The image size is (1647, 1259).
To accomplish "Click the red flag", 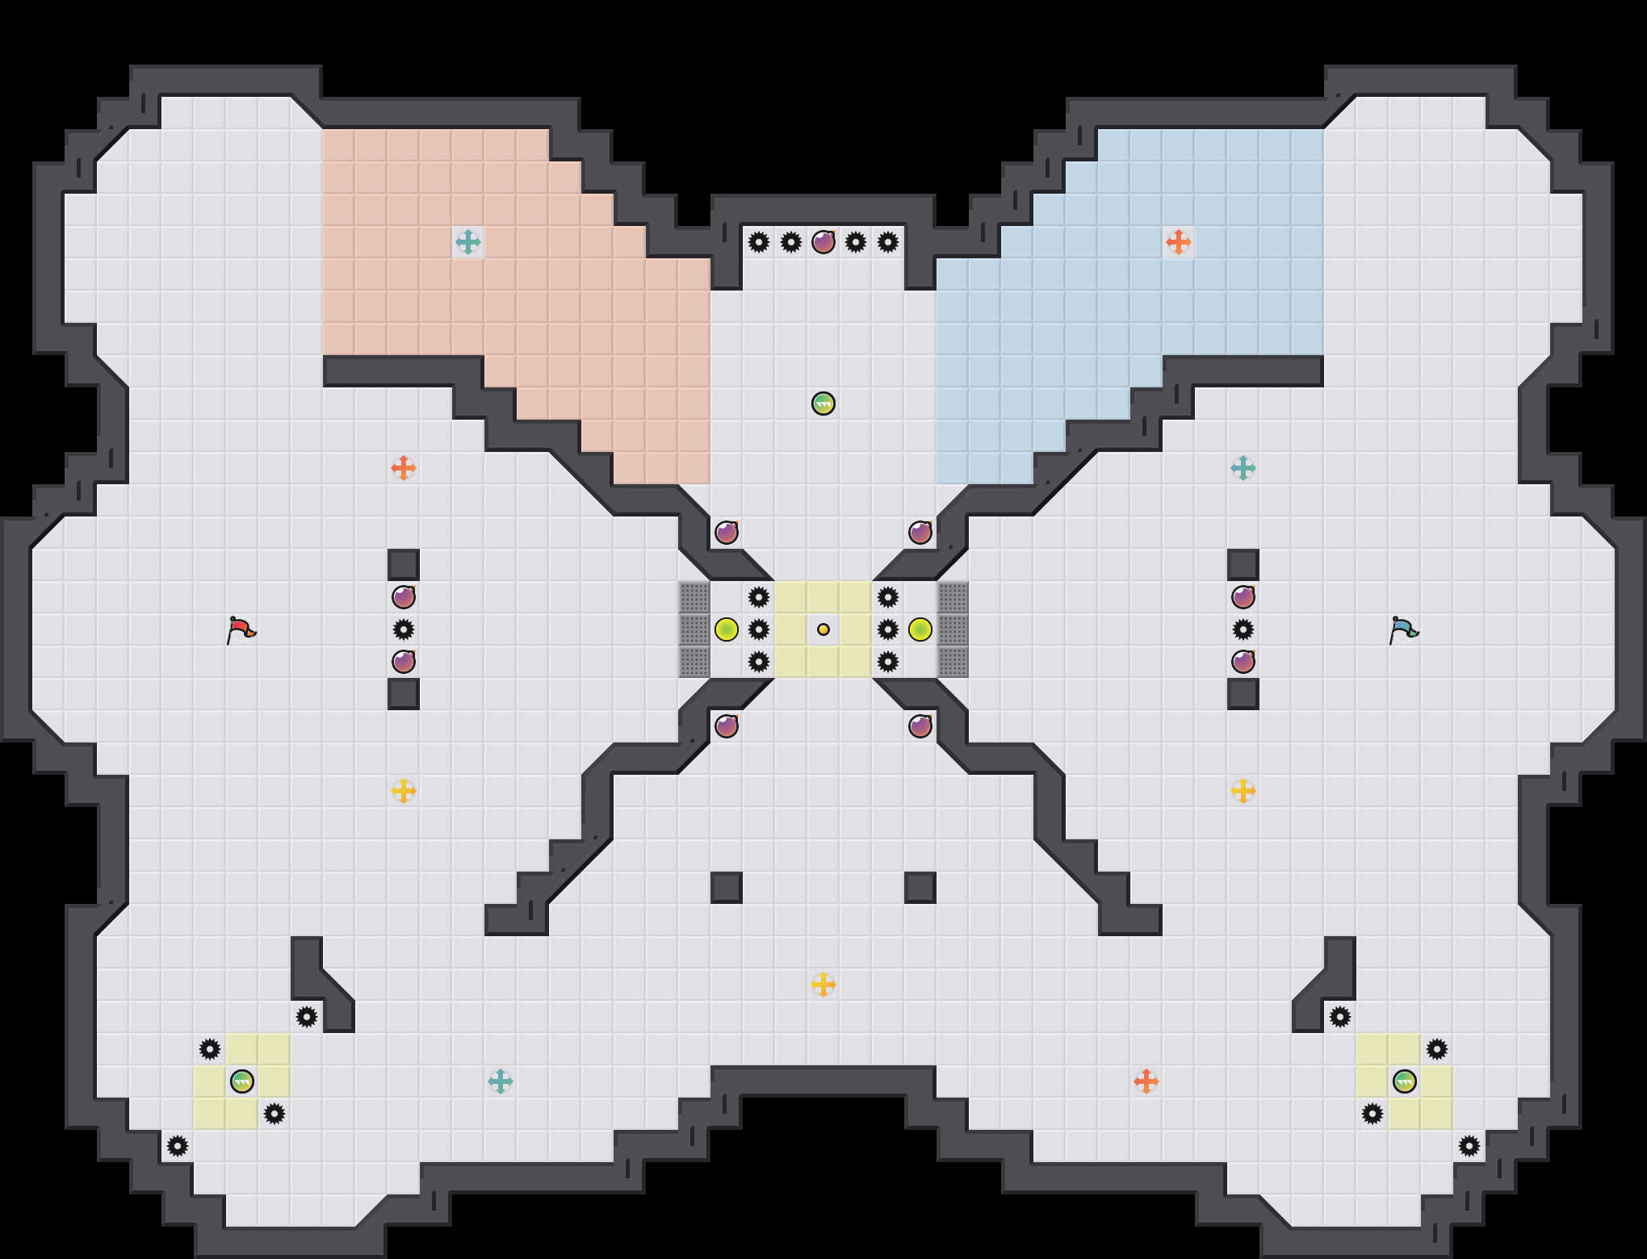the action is (241, 629).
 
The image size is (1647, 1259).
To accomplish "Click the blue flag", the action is (1404, 629).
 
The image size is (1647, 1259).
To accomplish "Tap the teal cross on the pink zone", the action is (468, 242).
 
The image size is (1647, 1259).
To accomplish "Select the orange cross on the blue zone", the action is (1179, 242).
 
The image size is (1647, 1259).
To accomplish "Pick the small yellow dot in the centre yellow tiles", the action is (823, 629).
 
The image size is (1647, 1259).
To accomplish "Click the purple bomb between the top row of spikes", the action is (823, 242).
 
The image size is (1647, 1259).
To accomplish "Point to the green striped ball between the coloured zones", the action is (823, 404).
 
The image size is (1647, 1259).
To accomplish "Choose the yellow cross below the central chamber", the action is (823, 985).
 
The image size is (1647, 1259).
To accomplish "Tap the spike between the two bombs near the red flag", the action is (404, 629).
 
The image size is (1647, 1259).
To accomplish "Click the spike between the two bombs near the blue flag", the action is (1243, 629).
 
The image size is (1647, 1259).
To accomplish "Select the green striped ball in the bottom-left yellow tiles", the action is (242, 1081).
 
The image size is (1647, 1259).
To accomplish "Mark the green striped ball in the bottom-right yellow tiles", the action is (1405, 1081).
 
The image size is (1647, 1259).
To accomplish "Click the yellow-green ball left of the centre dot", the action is (727, 629).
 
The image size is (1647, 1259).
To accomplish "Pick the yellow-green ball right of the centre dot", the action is (920, 629).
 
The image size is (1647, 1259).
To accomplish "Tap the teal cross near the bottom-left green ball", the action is (501, 1081).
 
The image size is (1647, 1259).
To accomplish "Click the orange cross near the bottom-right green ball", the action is (1146, 1081).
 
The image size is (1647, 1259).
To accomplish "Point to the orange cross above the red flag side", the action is (404, 468).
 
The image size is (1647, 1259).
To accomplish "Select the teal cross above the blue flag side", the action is (1243, 468).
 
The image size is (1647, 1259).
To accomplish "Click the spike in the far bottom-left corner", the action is (178, 1146).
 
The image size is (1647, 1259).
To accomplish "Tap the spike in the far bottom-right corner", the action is (1469, 1146).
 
